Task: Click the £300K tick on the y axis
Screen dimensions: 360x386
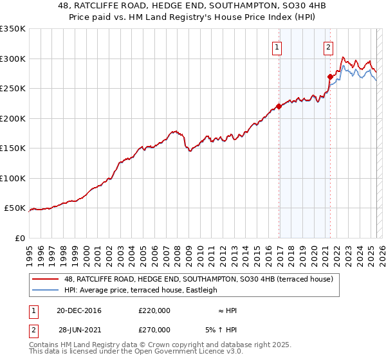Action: [13, 59]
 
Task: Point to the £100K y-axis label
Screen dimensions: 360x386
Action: [13, 178]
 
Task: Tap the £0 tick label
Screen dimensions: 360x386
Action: [19, 238]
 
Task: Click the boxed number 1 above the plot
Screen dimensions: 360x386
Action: [277, 46]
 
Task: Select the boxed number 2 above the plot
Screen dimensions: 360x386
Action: [328, 46]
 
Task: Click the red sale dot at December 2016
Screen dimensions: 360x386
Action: [279, 107]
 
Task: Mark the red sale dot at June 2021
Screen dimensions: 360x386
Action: [330, 76]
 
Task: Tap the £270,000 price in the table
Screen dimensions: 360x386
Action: [154, 329]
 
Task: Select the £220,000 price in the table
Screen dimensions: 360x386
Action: [154, 310]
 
